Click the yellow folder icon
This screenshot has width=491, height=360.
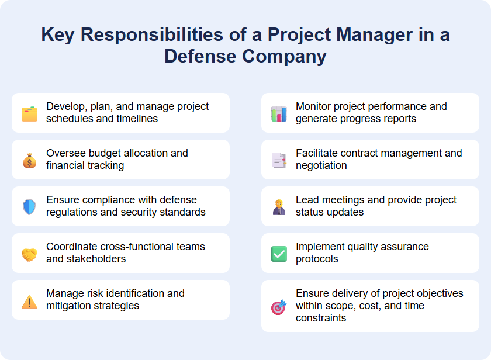click(x=29, y=113)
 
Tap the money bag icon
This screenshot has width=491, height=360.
click(x=29, y=160)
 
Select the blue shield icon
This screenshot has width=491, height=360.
click(x=29, y=207)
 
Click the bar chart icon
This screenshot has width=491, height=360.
click(x=279, y=113)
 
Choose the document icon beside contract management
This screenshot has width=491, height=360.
click(x=279, y=160)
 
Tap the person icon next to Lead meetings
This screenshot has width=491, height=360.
click(x=279, y=207)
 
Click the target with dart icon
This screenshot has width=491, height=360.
click(x=279, y=307)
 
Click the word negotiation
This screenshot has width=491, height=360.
click(x=321, y=165)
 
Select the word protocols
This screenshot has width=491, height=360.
click(x=317, y=259)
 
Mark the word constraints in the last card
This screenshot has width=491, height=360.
click(x=321, y=318)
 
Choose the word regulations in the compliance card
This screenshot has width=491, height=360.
click(x=72, y=212)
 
